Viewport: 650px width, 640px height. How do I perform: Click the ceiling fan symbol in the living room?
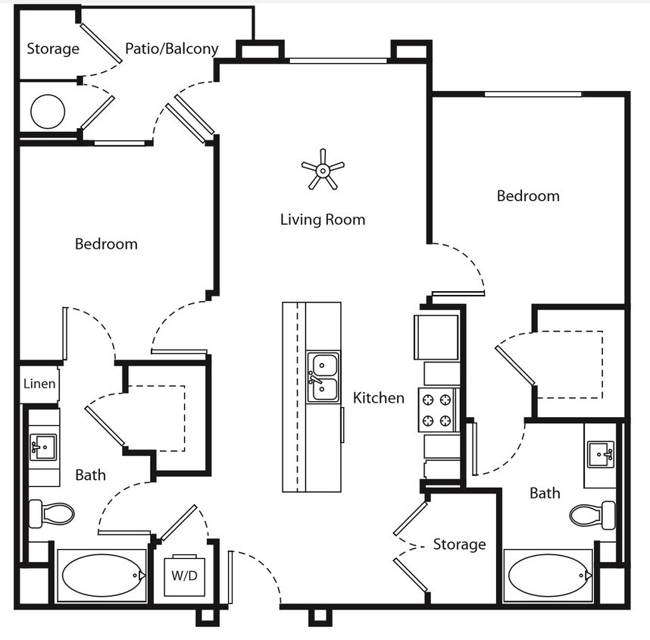tap(322, 169)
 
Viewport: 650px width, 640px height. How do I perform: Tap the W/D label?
tap(183, 575)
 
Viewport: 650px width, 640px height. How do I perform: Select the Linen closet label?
tap(39, 384)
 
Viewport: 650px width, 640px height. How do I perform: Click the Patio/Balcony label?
tap(171, 49)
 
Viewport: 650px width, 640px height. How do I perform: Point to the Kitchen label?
tap(379, 397)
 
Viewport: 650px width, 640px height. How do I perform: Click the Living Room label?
tap(323, 220)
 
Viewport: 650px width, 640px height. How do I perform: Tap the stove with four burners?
tap(438, 409)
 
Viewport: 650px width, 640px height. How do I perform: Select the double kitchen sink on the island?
tap(323, 378)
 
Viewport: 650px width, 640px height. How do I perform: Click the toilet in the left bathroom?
tap(52, 514)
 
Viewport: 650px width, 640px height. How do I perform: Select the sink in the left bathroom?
tap(43, 447)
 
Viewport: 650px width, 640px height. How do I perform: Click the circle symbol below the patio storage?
tap(48, 111)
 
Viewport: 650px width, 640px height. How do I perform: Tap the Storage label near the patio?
tap(53, 49)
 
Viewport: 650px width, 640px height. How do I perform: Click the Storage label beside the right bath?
tap(459, 544)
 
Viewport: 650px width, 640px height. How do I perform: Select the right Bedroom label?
tap(528, 196)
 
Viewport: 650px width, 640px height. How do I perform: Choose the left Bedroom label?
tap(106, 244)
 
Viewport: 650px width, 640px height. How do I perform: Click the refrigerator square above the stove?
tap(436, 337)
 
